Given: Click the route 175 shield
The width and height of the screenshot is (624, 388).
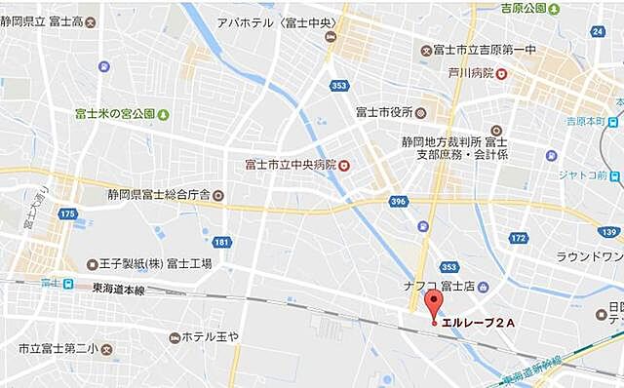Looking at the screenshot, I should (x=66, y=213).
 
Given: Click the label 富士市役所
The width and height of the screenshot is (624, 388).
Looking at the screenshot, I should (x=384, y=111).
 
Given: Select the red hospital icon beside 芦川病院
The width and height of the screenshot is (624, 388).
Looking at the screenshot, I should (x=501, y=73).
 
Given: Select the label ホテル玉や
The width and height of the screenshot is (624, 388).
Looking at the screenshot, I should (x=211, y=336).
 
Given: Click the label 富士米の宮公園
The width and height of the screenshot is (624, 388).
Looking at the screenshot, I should (x=114, y=113).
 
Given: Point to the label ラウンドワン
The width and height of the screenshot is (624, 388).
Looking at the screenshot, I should (x=589, y=257).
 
